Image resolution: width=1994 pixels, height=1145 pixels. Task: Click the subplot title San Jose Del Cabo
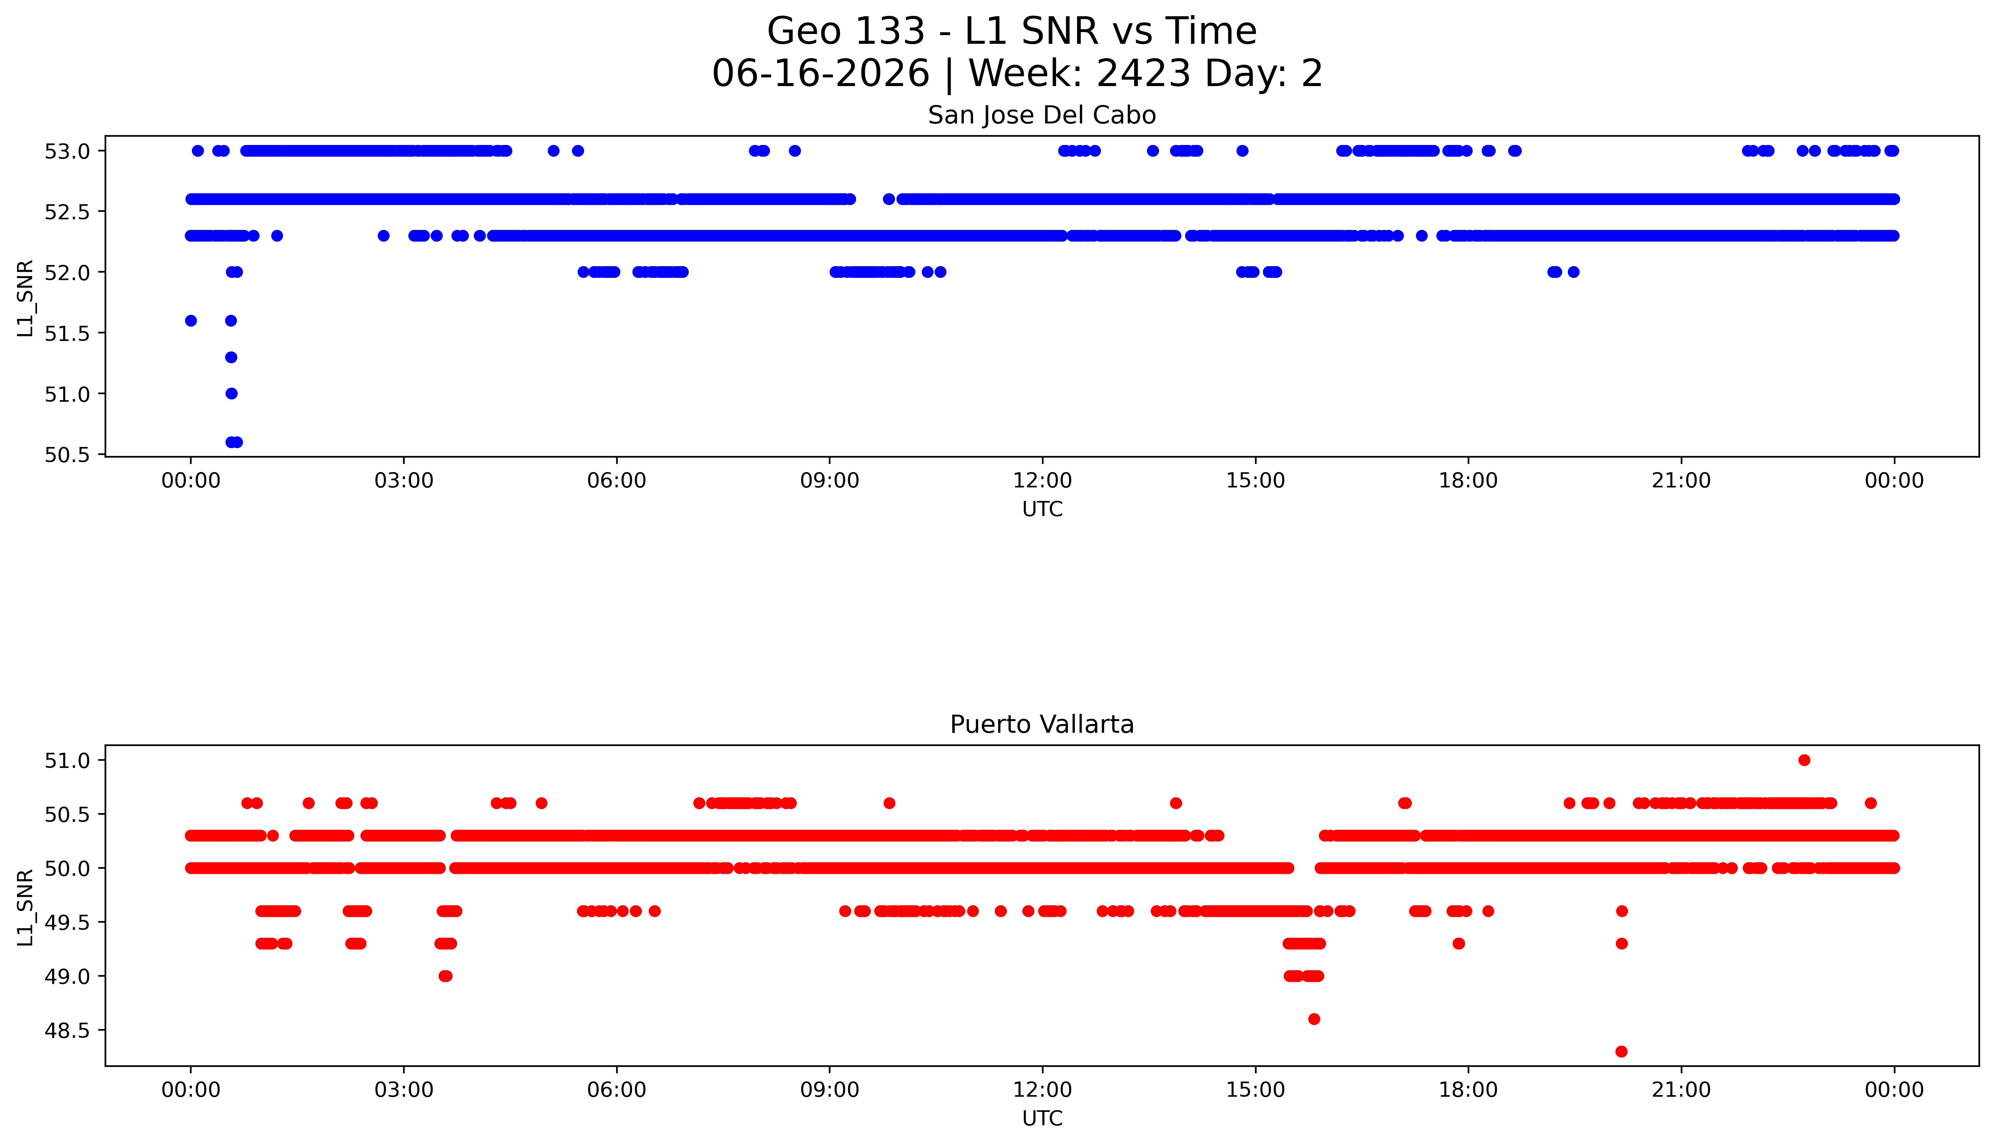(x=1042, y=116)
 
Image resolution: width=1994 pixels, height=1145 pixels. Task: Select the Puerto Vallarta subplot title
(x=1042, y=724)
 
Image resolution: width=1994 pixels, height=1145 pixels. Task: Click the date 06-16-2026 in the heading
(x=821, y=74)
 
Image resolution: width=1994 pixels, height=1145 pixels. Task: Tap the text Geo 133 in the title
(x=846, y=31)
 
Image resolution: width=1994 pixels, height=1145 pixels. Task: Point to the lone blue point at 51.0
(x=231, y=393)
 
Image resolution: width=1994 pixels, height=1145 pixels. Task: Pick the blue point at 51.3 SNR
(x=231, y=357)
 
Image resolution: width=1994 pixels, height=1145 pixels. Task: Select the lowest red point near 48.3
(x=1621, y=1051)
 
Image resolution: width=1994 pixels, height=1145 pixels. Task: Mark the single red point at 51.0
(x=1804, y=760)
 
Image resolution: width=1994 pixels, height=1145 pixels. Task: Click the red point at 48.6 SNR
(x=1314, y=1019)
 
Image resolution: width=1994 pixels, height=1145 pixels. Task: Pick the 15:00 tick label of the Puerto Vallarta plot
(x=1255, y=1090)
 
